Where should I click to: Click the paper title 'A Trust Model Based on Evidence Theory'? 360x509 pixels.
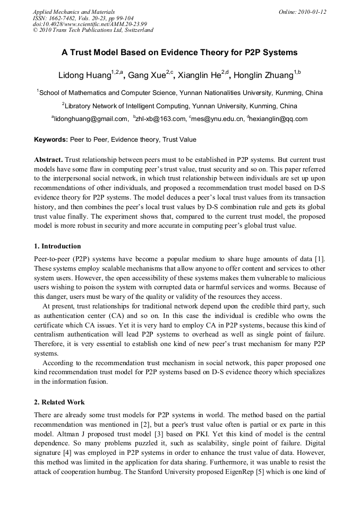point(179,53)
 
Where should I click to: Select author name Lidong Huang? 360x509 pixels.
point(84,75)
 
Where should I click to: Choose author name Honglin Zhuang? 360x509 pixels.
point(265,75)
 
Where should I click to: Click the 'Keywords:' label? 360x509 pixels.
point(50,140)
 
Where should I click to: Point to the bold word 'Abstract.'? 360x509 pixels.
point(49,160)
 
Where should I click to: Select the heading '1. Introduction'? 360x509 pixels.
point(57,246)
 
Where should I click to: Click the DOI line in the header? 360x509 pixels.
point(90,24)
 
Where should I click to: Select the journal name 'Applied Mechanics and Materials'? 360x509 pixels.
point(73,12)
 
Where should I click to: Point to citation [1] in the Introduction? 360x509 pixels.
point(320,258)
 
